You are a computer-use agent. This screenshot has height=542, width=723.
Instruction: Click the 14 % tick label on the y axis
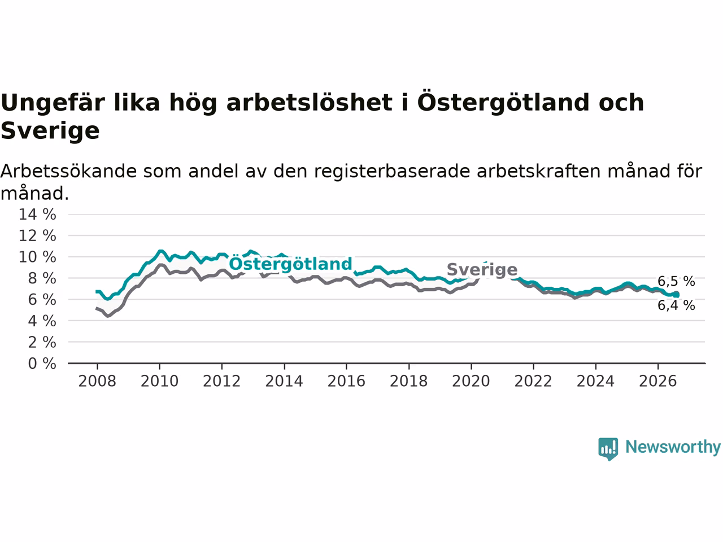(x=37, y=215)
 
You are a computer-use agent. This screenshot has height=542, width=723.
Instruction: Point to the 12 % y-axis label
(x=37, y=236)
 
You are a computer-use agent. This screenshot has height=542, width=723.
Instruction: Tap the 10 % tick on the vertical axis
(x=37, y=257)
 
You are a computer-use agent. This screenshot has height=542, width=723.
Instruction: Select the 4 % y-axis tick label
(x=42, y=321)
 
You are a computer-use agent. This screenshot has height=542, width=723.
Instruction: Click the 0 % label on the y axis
(x=42, y=364)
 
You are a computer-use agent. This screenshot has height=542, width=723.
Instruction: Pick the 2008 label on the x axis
(x=97, y=382)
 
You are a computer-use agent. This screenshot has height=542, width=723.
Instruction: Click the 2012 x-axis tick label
(x=221, y=382)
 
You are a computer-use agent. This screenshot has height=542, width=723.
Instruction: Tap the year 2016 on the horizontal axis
(x=346, y=382)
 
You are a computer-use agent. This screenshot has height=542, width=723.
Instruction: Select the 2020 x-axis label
(x=471, y=382)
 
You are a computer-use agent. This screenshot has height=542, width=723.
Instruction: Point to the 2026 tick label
(x=658, y=382)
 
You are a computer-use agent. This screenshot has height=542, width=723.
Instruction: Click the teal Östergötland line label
(x=290, y=264)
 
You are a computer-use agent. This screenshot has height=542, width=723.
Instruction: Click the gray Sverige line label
(x=482, y=270)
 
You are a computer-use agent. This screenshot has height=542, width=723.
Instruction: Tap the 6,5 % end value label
(x=676, y=281)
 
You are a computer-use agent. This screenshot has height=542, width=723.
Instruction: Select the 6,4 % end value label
(x=676, y=305)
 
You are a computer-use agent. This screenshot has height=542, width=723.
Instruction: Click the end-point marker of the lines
(x=676, y=295)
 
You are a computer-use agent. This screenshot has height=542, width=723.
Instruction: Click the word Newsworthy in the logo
(x=673, y=447)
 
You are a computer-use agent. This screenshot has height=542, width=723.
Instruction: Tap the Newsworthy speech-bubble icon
(x=608, y=449)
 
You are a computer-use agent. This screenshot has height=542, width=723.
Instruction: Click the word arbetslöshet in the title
(x=310, y=102)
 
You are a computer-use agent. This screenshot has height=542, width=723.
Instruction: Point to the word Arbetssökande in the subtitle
(x=68, y=172)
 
